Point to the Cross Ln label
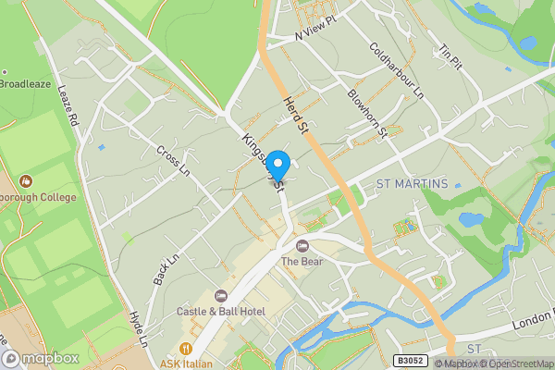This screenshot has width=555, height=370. click(x=172, y=159)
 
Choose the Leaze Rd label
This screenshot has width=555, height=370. click(x=69, y=106)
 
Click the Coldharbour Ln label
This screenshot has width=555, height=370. click(x=396, y=71)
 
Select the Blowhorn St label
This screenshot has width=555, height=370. click(x=366, y=113)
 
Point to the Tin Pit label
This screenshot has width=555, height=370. click(x=450, y=57)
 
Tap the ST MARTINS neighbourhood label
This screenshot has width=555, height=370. click(x=412, y=184)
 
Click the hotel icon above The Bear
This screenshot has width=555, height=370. click(x=302, y=245)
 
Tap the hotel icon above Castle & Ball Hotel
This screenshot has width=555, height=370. click(x=221, y=296)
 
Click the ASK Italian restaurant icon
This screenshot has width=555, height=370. click(x=188, y=349)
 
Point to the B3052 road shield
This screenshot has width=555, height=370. click(x=413, y=362)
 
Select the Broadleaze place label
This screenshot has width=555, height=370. click(x=24, y=83)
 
